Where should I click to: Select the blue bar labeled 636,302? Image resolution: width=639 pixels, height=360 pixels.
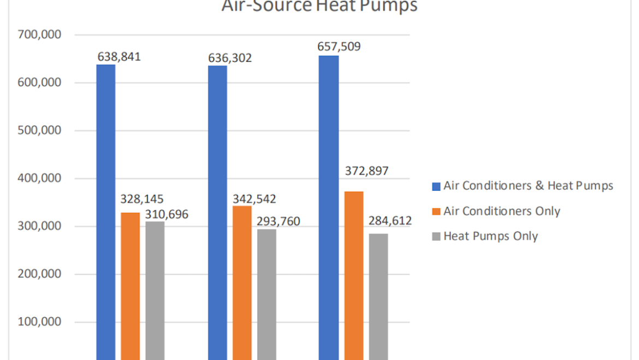click(x=217, y=213)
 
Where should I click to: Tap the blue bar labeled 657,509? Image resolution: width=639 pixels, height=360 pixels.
click(x=329, y=208)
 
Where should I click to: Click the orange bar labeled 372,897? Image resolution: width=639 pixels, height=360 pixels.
click(x=354, y=275)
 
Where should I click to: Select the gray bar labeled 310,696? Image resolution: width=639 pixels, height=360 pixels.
click(x=155, y=290)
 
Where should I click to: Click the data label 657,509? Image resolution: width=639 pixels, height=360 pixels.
click(x=339, y=46)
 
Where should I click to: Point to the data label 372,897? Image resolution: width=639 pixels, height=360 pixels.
click(x=366, y=171)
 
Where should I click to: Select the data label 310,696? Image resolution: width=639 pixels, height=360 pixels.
click(x=167, y=214)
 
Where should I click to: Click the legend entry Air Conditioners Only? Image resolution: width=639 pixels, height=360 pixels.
click(x=501, y=211)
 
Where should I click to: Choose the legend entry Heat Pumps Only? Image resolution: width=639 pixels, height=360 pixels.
click(x=490, y=236)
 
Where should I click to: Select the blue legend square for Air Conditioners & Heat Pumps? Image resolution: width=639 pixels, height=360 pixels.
click(x=436, y=186)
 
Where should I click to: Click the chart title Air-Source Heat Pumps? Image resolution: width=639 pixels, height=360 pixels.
click(x=319, y=6)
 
